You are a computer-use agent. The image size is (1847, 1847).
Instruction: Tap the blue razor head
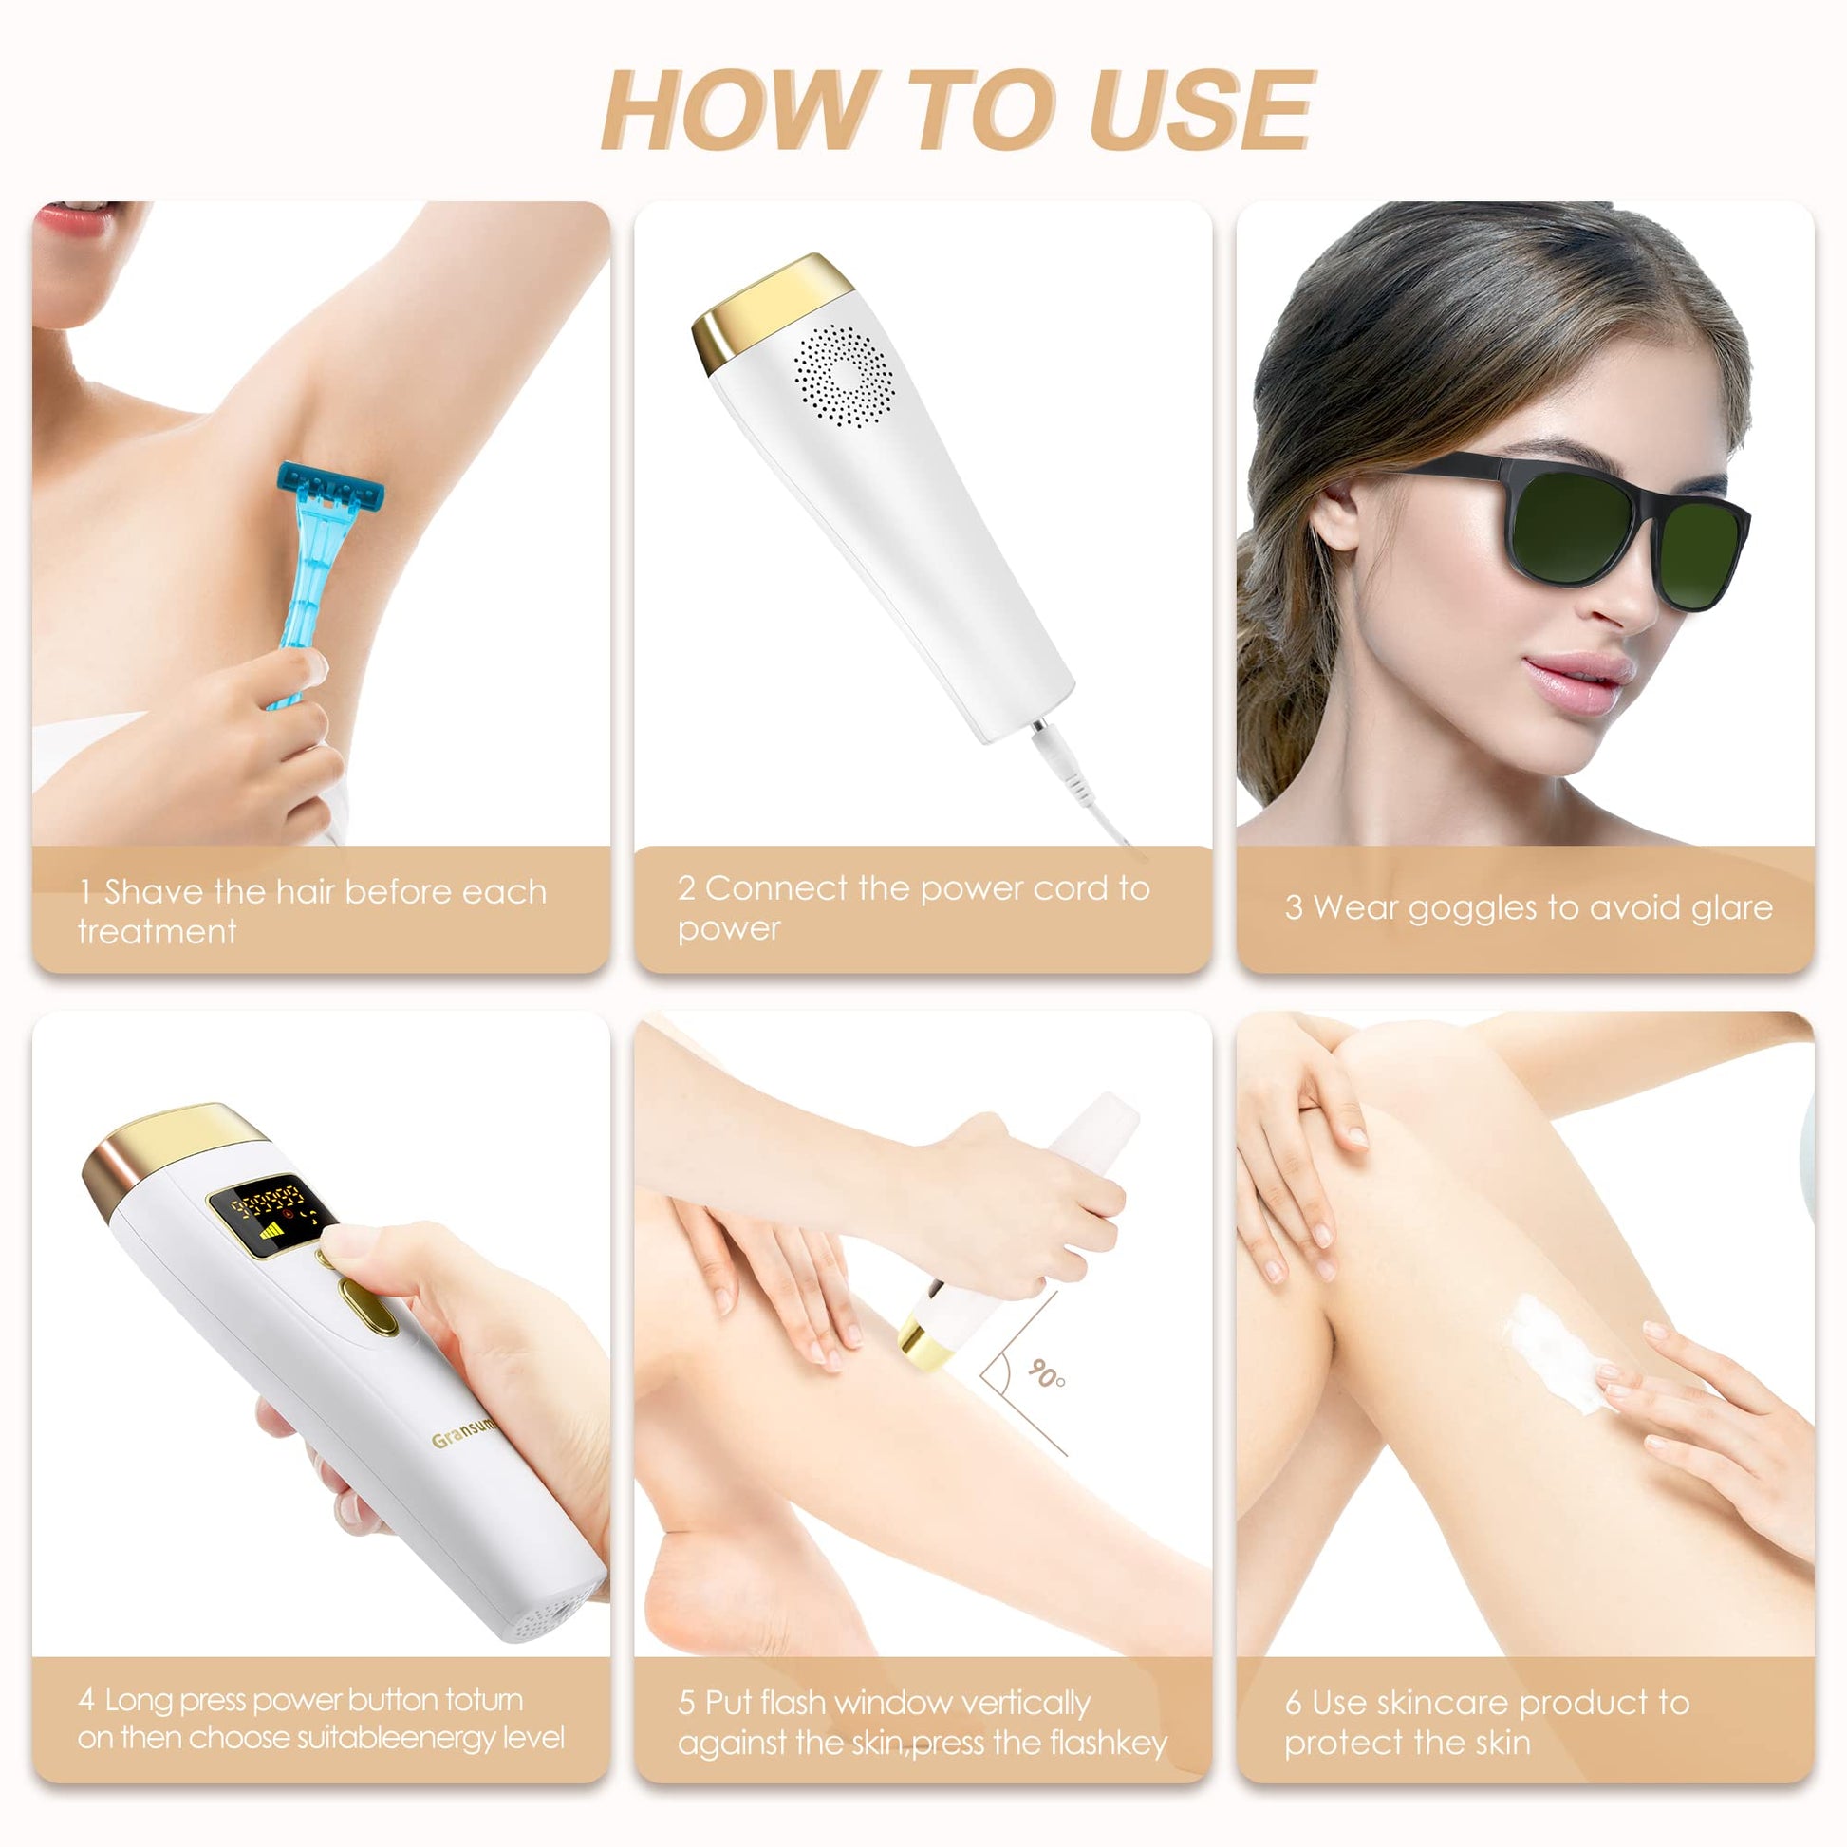click(331, 489)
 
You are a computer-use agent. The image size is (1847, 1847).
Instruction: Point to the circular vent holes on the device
click(840, 376)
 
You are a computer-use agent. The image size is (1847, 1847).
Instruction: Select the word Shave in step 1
click(153, 892)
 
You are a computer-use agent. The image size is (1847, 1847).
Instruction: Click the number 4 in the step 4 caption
click(86, 1700)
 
